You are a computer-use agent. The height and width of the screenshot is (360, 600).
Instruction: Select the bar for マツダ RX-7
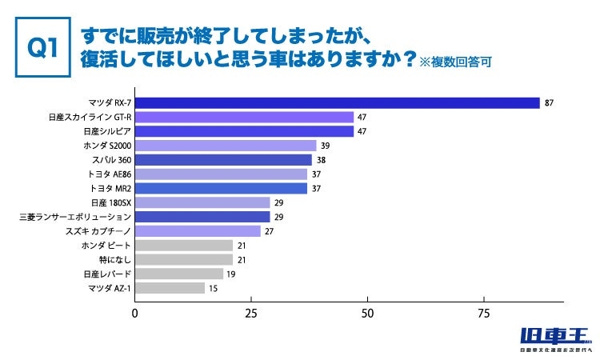tap(337, 102)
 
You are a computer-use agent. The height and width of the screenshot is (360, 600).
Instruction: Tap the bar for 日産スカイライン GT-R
tap(244, 117)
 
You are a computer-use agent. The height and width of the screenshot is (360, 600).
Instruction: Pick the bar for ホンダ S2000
tap(226, 146)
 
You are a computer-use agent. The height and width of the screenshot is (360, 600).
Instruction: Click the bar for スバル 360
tap(223, 160)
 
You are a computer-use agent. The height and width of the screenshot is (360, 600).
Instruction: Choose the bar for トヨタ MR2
tap(221, 188)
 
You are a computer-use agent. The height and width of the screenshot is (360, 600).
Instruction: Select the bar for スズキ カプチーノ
tap(198, 231)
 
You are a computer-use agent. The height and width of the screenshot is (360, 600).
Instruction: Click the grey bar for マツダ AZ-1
tap(170, 288)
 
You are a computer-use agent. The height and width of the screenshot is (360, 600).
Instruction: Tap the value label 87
tap(549, 102)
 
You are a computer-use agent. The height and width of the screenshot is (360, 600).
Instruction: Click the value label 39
tap(325, 146)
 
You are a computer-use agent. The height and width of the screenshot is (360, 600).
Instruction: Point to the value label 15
tap(213, 288)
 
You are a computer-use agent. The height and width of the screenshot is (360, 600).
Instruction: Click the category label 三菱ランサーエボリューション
tap(74, 217)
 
